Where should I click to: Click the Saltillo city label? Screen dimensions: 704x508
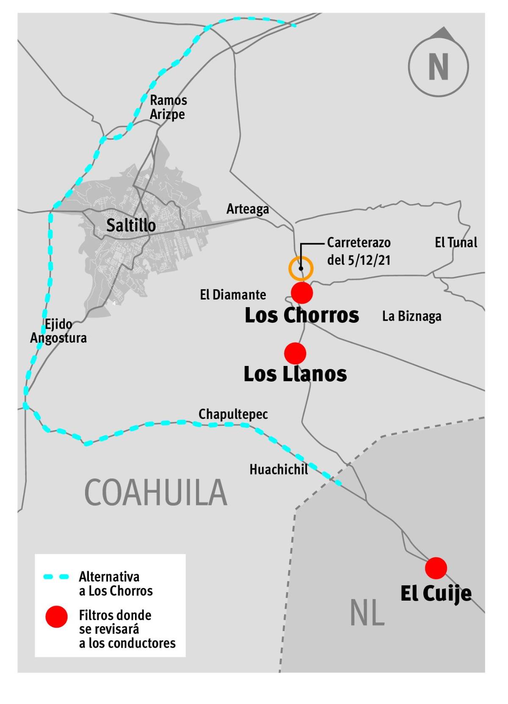[x=131, y=225]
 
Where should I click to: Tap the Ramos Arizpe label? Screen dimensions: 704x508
[x=168, y=107]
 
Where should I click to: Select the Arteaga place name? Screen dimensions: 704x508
[x=248, y=209]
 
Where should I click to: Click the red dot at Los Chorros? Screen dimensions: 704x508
[x=302, y=293]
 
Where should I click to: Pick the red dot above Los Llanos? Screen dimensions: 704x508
[x=295, y=353]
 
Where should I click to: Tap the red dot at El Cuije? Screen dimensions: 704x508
[x=436, y=568]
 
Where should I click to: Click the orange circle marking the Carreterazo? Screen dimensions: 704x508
[x=301, y=269]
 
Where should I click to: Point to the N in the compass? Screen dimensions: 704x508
[x=438, y=67]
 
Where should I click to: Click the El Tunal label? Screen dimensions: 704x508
[x=456, y=242]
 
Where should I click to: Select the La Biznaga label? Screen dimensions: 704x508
[x=411, y=316]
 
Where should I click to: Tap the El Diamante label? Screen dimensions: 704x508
[x=233, y=295]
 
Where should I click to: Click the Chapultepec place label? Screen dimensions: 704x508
[x=233, y=414]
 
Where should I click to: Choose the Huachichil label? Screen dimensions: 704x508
[x=279, y=469]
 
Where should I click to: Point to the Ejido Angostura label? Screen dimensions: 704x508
[x=58, y=331]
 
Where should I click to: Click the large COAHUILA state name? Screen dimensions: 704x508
[x=156, y=493]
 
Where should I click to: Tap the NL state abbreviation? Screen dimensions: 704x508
[x=367, y=613]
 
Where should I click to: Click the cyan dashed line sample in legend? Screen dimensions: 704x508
[x=56, y=577]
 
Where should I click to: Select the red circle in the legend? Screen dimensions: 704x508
[x=56, y=617]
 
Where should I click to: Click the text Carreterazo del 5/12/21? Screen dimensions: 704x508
[x=359, y=251]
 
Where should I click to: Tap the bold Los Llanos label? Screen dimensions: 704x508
[x=295, y=374]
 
